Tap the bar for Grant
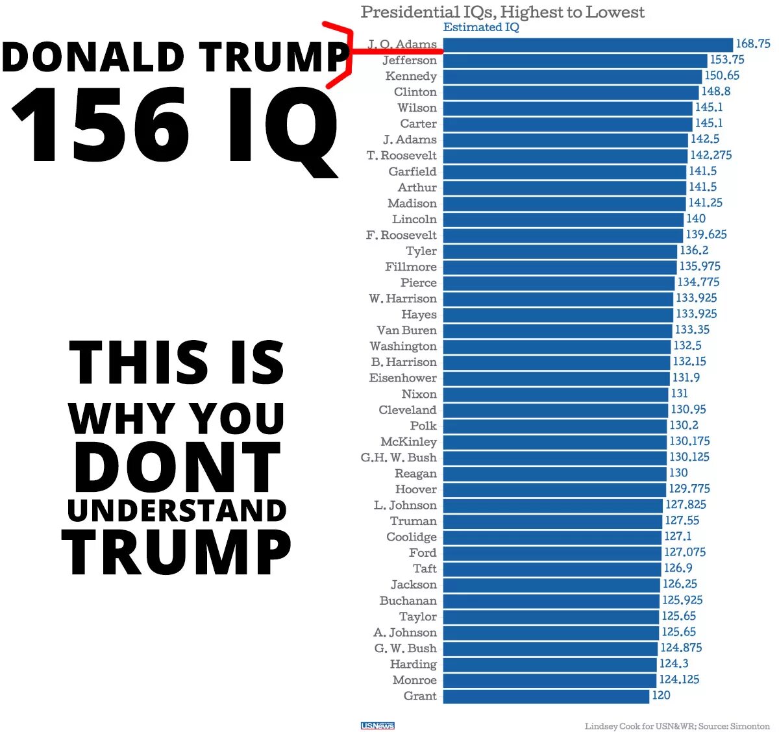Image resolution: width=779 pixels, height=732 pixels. point(545,696)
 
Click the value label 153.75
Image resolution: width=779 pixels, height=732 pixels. point(727,60)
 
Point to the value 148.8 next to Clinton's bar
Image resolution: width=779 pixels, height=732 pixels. point(715,91)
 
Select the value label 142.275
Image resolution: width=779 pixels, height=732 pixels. point(711,155)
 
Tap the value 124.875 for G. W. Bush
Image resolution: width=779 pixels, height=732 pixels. point(681,648)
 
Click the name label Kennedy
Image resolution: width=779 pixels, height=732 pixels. point(411,76)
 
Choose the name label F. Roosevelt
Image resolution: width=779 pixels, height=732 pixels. point(401,235)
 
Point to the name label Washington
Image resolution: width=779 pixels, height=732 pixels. point(403,346)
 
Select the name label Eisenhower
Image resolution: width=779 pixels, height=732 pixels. point(402,378)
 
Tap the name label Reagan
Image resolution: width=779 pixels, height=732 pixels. point(415,473)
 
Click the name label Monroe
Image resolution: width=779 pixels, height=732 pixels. point(414,679)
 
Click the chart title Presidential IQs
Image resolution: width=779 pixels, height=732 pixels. point(502,12)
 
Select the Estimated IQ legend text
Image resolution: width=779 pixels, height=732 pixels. point(481,27)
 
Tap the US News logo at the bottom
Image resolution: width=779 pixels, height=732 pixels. point(377,726)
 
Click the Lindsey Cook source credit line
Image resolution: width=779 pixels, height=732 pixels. point(677,726)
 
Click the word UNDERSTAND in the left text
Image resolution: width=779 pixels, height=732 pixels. point(177,511)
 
